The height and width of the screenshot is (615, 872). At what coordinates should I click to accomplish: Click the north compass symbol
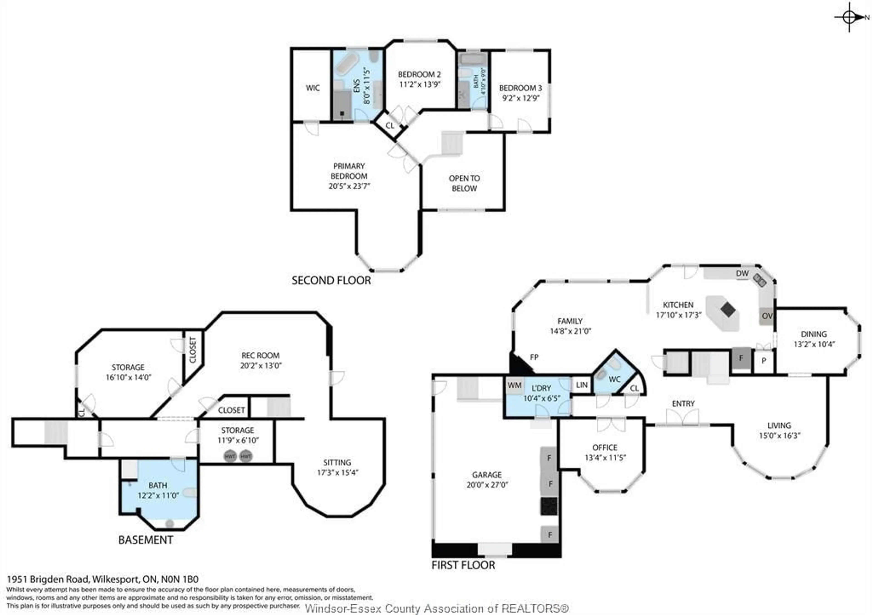coord(849,17)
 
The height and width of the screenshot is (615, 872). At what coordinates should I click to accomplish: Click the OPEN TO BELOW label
coord(464,183)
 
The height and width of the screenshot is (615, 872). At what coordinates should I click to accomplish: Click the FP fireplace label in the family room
coord(534,357)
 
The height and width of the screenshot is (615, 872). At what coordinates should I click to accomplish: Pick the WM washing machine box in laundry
coord(515,385)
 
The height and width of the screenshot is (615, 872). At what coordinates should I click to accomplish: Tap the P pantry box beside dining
coord(764,360)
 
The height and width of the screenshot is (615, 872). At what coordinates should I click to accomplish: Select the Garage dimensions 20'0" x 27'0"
coord(487,485)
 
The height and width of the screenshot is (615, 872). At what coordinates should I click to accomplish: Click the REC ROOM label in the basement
coord(260,355)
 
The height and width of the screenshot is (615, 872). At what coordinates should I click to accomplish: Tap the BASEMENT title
coord(146,540)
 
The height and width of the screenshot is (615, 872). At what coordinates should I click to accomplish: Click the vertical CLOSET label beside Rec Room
coord(193,350)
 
